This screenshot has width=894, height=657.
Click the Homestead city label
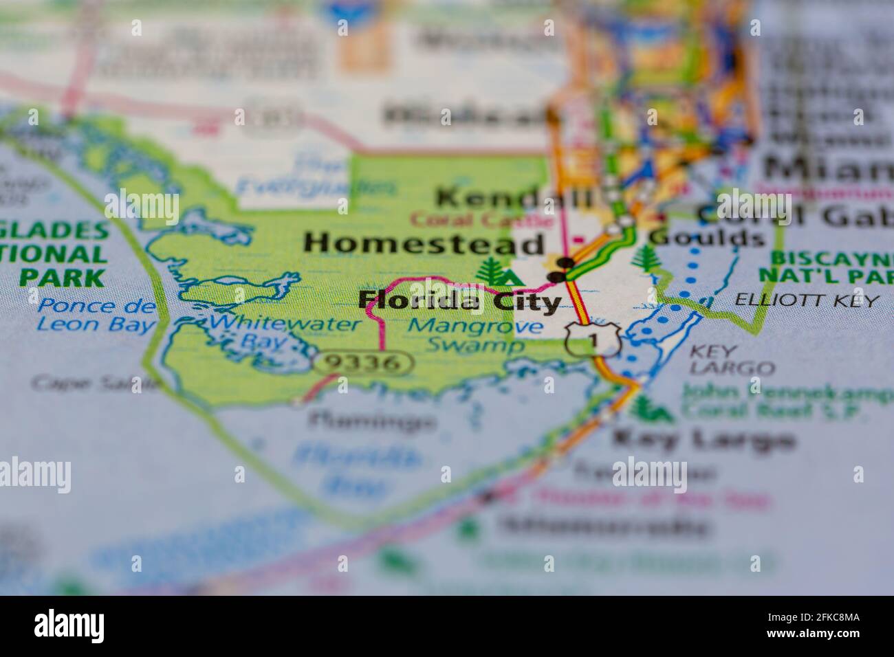(x=424, y=244)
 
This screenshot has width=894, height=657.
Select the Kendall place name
(x=515, y=199)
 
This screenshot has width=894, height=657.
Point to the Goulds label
(x=708, y=238)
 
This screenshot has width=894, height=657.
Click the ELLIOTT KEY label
(x=807, y=300)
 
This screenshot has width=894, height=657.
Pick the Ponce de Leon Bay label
(x=96, y=315)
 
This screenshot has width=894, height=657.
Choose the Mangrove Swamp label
(x=475, y=336)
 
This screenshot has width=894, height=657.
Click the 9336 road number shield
(x=364, y=363)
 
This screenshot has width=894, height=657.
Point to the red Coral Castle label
(x=481, y=221)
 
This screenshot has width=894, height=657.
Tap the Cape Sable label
(x=96, y=383)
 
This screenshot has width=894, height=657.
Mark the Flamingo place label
(x=372, y=420)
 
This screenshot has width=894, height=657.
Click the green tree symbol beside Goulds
(x=645, y=258)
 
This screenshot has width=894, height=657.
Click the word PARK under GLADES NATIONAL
(x=62, y=277)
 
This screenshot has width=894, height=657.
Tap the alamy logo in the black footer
(x=69, y=626)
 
